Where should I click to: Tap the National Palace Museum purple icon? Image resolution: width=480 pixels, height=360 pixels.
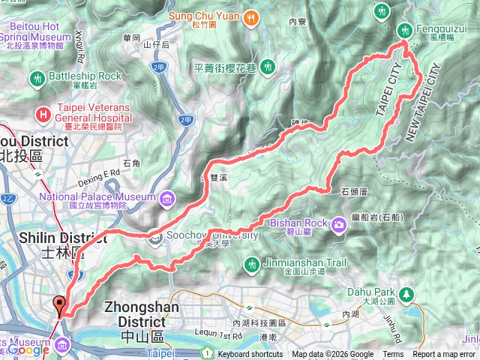(166, 198)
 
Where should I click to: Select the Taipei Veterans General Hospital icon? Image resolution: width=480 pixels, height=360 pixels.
(43, 114)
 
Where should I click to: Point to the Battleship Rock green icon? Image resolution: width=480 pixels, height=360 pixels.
(37, 77)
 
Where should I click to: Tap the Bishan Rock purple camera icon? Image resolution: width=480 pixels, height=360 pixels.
(340, 224)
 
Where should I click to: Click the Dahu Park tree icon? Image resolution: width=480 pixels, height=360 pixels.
(407, 293)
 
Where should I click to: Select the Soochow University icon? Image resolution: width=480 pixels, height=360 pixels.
(154, 236)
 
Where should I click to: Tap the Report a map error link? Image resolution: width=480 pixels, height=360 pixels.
(443, 354)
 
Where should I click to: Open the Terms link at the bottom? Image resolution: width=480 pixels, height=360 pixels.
(393, 354)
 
